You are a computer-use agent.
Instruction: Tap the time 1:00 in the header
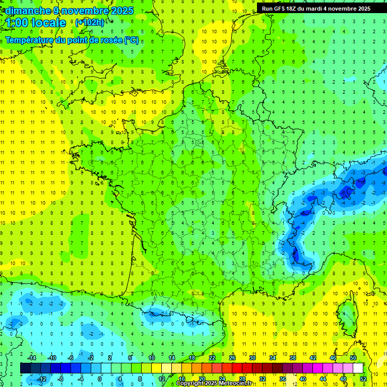tap(17, 23)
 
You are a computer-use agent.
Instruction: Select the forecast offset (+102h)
tap(89, 22)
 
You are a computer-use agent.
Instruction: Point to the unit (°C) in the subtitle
tap(132, 40)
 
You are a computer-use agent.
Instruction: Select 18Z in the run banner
tap(291, 9)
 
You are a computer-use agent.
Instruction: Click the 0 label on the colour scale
tap(99, 378)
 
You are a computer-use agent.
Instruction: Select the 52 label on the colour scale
tap(363, 378)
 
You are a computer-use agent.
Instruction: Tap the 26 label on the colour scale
tap(232, 358)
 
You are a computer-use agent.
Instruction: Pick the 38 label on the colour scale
tap(292, 358)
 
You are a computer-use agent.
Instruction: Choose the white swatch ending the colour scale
tap(358, 368)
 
